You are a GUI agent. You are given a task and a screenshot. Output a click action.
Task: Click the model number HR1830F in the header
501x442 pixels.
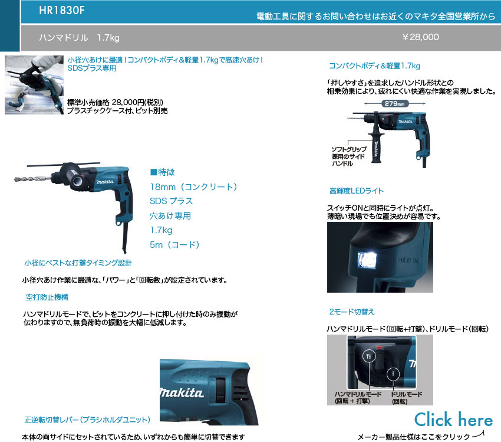(62, 10)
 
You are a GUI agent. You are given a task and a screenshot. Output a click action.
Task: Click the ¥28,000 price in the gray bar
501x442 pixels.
(420, 37)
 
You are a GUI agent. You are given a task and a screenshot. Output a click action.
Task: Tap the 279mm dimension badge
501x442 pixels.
(394, 104)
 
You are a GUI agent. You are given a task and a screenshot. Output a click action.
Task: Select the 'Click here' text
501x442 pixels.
(453, 420)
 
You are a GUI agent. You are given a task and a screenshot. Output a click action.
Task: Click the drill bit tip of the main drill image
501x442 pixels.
(16, 179)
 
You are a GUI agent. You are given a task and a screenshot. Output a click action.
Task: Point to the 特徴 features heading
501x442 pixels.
(163, 172)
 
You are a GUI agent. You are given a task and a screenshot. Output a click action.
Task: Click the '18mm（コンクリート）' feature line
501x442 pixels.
(194, 187)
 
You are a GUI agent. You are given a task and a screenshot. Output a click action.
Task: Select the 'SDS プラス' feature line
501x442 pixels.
(172, 201)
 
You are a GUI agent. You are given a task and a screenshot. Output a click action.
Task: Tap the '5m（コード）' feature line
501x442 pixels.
(175, 245)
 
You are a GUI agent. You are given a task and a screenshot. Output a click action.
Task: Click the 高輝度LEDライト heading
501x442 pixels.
(356, 191)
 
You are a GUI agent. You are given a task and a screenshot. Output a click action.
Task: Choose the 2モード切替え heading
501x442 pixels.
(352, 312)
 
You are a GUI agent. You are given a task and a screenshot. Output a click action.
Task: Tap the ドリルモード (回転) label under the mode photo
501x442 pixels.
(407, 398)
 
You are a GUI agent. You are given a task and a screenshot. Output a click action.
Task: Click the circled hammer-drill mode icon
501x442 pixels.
(369, 356)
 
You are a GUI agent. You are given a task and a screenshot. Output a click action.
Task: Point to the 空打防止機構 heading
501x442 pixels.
(47, 297)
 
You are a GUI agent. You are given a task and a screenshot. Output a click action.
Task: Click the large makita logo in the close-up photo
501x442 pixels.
(182, 393)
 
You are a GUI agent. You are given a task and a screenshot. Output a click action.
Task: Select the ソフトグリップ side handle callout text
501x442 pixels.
(348, 156)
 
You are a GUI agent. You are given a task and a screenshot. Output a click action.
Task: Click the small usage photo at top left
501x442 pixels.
(34, 85)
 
